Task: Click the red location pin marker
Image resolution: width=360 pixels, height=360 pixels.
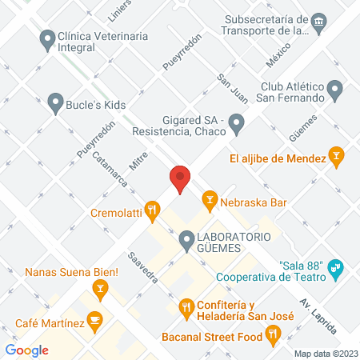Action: [x=180, y=178]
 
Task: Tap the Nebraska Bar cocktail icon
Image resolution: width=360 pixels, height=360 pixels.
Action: [x=210, y=198]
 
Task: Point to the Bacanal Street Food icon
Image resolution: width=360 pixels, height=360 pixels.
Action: [x=273, y=336]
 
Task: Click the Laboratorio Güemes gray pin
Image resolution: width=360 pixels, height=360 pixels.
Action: [x=186, y=238]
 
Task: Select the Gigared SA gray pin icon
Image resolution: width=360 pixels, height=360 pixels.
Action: [x=236, y=123]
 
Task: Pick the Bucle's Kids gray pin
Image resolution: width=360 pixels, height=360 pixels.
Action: [x=54, y=102]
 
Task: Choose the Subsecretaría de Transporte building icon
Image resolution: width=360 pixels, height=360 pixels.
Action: [x=319, y=19]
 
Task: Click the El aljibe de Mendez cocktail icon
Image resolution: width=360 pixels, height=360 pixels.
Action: [x=337, y=158]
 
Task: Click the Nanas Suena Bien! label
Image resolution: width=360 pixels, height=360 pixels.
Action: [x=71, y=273]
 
